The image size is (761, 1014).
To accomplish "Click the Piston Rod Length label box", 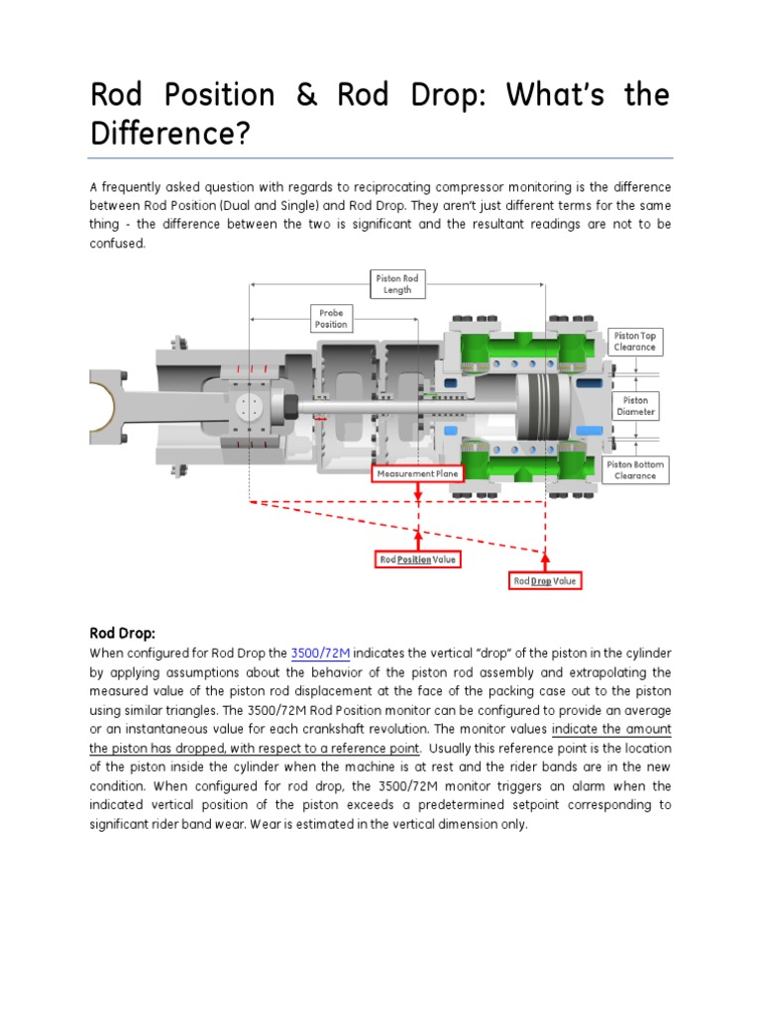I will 396,284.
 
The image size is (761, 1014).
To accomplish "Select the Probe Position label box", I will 331,318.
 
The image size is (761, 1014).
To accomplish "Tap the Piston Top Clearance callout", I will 635,342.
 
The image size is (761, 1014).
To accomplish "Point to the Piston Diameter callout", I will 635,406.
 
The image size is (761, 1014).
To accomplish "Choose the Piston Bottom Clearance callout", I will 635,469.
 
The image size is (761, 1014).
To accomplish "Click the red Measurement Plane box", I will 418,474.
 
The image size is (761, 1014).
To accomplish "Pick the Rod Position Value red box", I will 418,559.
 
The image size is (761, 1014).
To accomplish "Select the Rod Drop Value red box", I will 544,580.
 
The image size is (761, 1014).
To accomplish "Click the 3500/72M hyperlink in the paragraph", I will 321,653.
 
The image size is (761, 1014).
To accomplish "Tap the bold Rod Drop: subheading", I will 123,632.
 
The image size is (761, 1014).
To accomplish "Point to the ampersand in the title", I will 305,95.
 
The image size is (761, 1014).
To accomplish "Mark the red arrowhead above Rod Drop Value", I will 544,553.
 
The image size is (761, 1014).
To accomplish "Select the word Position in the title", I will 217,95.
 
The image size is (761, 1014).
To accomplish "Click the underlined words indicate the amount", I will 611,729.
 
